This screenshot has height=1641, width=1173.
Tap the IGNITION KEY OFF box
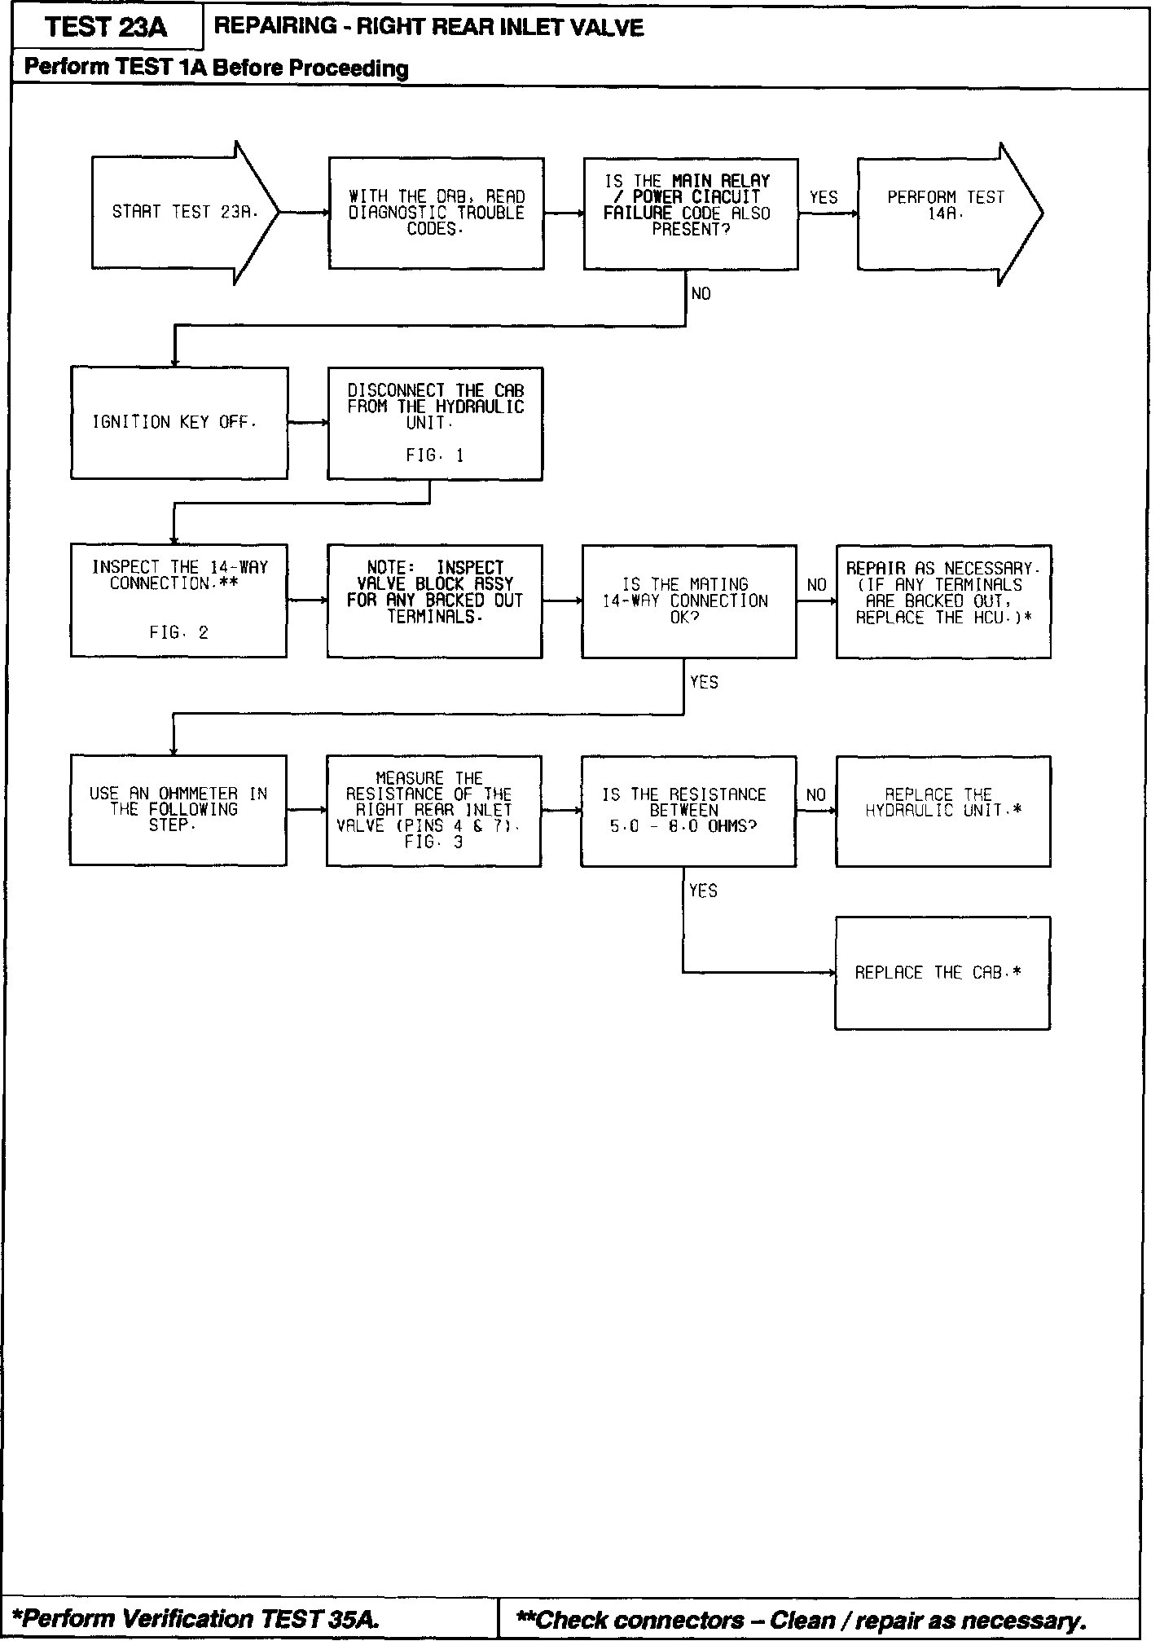tap(178, 423)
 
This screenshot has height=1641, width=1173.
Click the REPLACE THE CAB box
tap(942, 973)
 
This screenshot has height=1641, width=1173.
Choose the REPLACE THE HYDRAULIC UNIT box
tap(943, 811)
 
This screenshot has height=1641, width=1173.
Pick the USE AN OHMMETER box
tap(178, 810)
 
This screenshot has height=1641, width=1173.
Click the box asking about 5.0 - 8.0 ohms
tap(688, 811)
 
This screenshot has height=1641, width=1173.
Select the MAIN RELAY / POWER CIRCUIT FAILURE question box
tap(691, 213)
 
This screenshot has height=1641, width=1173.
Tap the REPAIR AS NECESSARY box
tap(943, 601)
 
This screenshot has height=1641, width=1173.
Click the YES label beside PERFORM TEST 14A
tap(824, 197)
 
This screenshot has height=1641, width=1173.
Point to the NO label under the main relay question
tap(701, 293)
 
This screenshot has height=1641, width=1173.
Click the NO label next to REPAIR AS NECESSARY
tap(816, 585)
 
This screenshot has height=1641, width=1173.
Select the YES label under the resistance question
tap(703, 891)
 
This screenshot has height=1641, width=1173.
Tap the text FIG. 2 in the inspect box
tap(178, 633)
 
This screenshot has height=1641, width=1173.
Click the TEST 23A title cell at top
tap(107, 27)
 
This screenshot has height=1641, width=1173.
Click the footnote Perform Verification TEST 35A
tap(197, 1618)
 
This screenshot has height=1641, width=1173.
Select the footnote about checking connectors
tap(802, 1620)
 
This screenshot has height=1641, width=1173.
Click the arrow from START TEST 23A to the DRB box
tap(304, 213)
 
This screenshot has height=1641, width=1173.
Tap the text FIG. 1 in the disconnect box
tap(434, 456)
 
